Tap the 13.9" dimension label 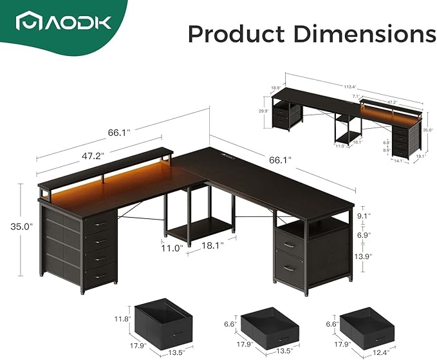pos(365,256)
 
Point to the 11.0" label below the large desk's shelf pos(172,246)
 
